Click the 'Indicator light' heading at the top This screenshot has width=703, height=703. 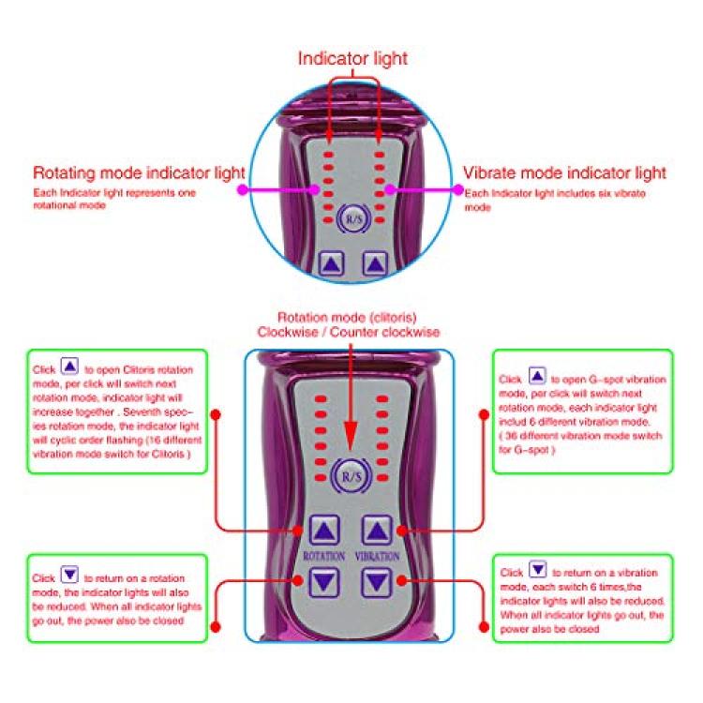pos(351,58)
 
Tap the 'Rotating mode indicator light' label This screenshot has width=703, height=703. pos(139,173)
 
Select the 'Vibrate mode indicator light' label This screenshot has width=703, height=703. pos(565,173)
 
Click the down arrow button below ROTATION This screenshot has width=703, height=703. pos(324,582)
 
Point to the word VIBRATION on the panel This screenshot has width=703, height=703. pos(378,555)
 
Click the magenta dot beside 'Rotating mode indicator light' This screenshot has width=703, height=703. pos(241,188)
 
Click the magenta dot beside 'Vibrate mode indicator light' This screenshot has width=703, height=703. pos(459,188)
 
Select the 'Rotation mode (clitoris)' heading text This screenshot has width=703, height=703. pos(350,317)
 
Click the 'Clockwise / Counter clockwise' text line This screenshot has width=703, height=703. pos(350,332)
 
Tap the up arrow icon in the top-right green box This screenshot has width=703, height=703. pos(537,376)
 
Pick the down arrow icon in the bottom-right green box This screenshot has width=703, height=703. pos(537,569)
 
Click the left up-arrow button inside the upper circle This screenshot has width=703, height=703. pos(327,264)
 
